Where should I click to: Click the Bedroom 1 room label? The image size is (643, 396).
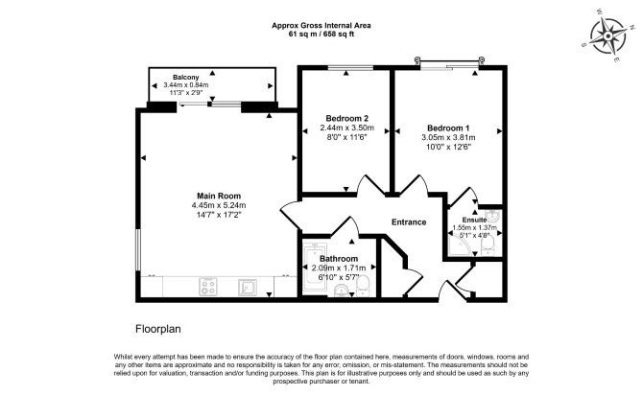tap(448, 128)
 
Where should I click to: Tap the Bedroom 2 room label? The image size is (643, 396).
tap(346, 118)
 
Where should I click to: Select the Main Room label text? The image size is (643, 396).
tap(219, 196)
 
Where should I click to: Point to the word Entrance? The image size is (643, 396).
tap(409, 221)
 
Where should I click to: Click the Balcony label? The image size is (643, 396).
tap(186, 77)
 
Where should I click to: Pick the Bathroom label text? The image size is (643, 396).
tap(339, 259)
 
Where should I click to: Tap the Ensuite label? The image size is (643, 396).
tap(474, 220)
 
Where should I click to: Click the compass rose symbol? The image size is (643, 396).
tap(608, 36)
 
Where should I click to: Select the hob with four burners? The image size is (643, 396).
tap(208, 287)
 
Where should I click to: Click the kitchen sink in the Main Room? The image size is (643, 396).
tap(248, 287)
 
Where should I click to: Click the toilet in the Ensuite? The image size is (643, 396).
tap(488, 246)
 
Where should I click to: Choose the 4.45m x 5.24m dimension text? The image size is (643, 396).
tap(219, 205)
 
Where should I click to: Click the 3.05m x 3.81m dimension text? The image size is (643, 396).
tap(448, 137)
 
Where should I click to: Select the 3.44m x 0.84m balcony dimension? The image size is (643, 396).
tap(186, 85)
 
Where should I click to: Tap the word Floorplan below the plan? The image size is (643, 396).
tap(158, 329)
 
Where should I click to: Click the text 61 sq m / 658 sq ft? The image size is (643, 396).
tap(321, 34)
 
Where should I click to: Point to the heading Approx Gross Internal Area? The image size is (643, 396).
tap(321, 25)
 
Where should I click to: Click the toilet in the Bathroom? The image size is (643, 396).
tap(363, 286)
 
